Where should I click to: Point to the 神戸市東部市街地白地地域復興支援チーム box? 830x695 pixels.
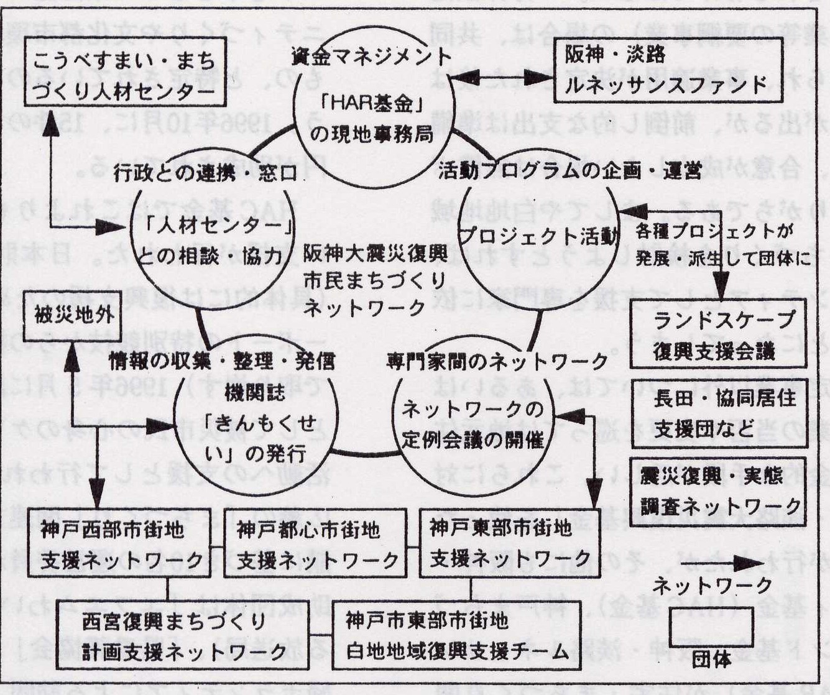point(457,635)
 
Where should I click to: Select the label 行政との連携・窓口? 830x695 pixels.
point(206,173)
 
